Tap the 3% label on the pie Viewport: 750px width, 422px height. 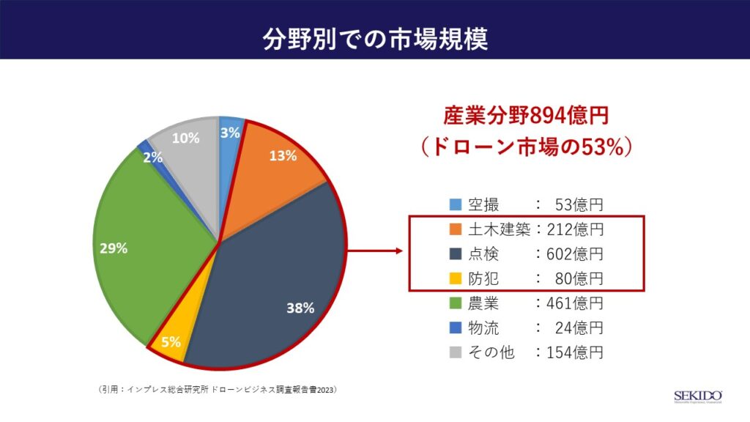click(x=230, y=133)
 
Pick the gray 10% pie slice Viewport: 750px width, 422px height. click(x=187, y=147)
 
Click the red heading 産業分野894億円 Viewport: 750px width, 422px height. click(x=526, y=116)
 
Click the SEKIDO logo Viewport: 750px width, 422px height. click(x=697, y=396)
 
